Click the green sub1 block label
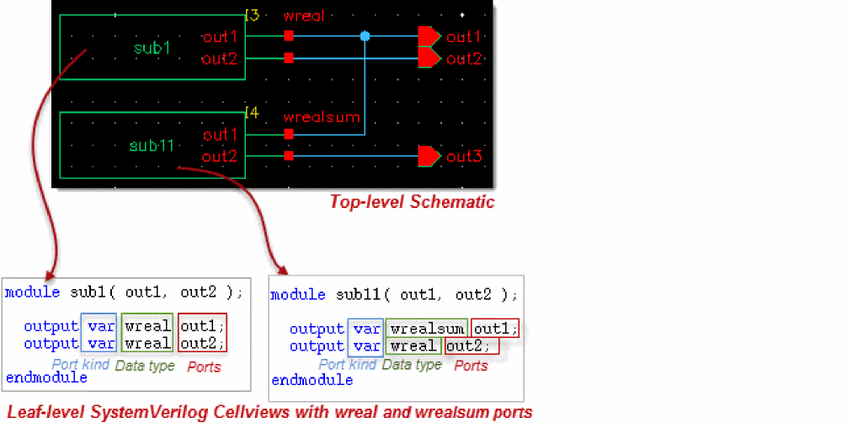[152, 48]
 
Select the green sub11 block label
[152, 146]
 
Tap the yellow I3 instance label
[252, 15]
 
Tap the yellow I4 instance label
[252, 112]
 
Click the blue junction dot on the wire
[365, 36]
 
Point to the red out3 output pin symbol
[429, 157]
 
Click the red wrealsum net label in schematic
[322, 117]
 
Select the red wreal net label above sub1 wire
[303, 16]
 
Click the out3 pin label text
[464, 157]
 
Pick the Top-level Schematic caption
[412, 202]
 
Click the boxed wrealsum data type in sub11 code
[427, 329]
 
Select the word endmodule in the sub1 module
[46, 377]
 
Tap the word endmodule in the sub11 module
[312, 380]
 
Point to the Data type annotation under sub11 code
[412, 365]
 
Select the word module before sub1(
[33, 292]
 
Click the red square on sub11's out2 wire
[289, 157]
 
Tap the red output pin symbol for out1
[429, 36]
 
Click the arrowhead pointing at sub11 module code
[283, 270]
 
